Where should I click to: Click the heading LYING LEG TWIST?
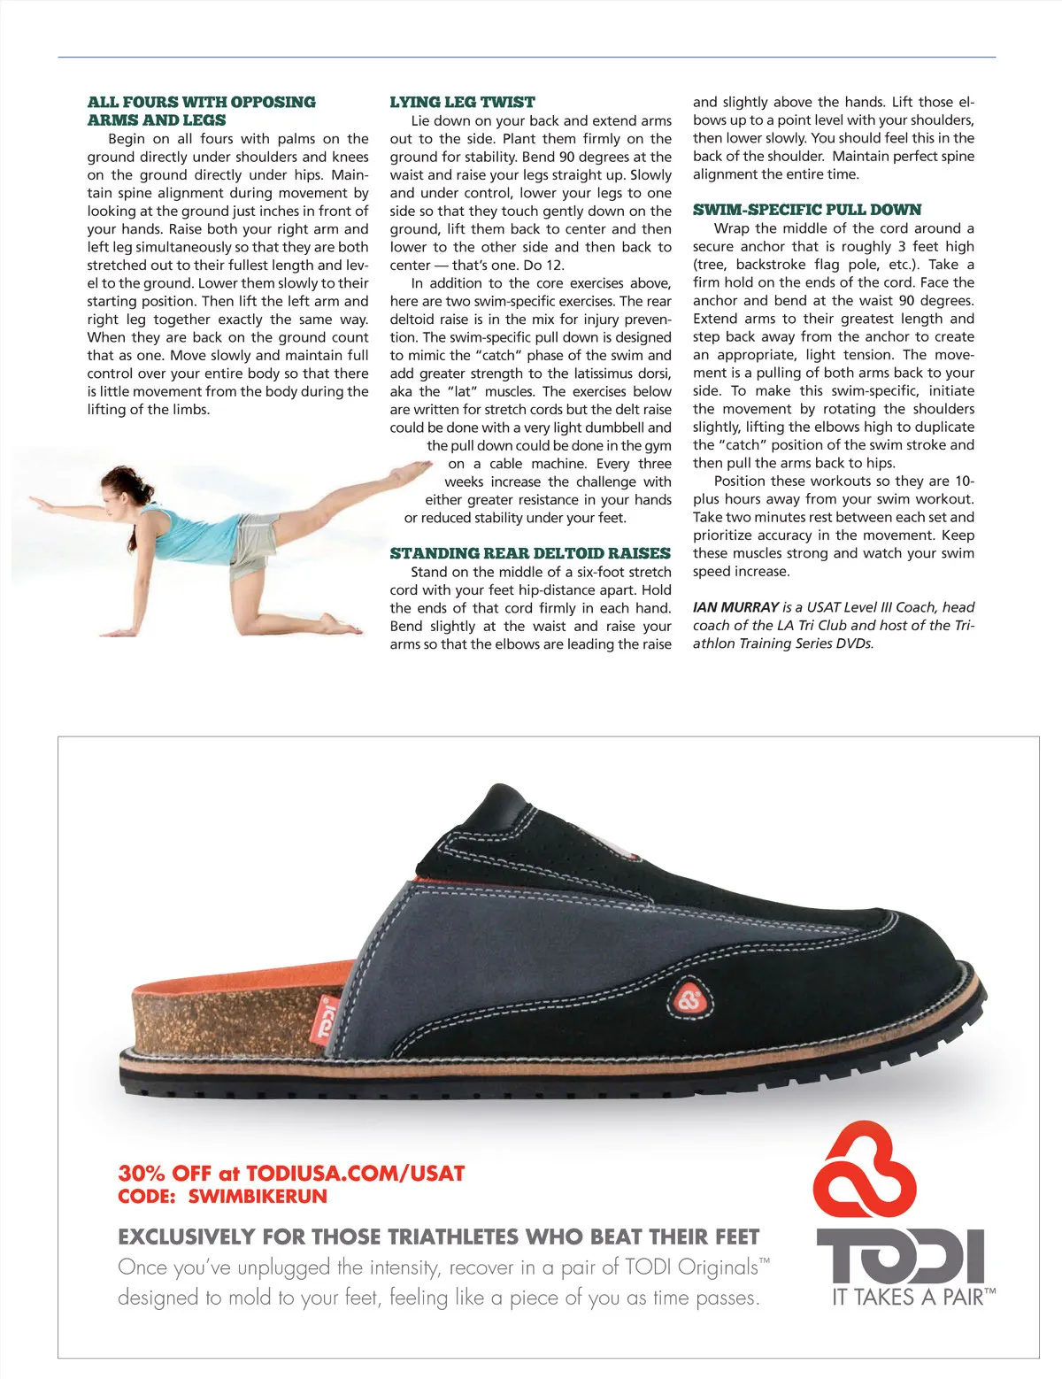(x=462, y=102)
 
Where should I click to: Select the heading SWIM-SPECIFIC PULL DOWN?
(x=806, y=210)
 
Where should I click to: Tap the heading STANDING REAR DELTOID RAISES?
(x=530, y=553)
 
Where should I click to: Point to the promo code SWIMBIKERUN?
(x=258, y=1196)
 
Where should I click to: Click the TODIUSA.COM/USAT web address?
(x=355, y=1174)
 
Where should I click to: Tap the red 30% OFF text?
(x=165, y=1174)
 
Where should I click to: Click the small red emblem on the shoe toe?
(x=689, y=1001)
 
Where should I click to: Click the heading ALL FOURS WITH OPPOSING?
(x=201, y=102)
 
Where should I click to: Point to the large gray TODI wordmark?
(x=900, y=1256)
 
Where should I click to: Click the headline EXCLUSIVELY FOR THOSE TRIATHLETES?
(x=438, y=1236)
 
